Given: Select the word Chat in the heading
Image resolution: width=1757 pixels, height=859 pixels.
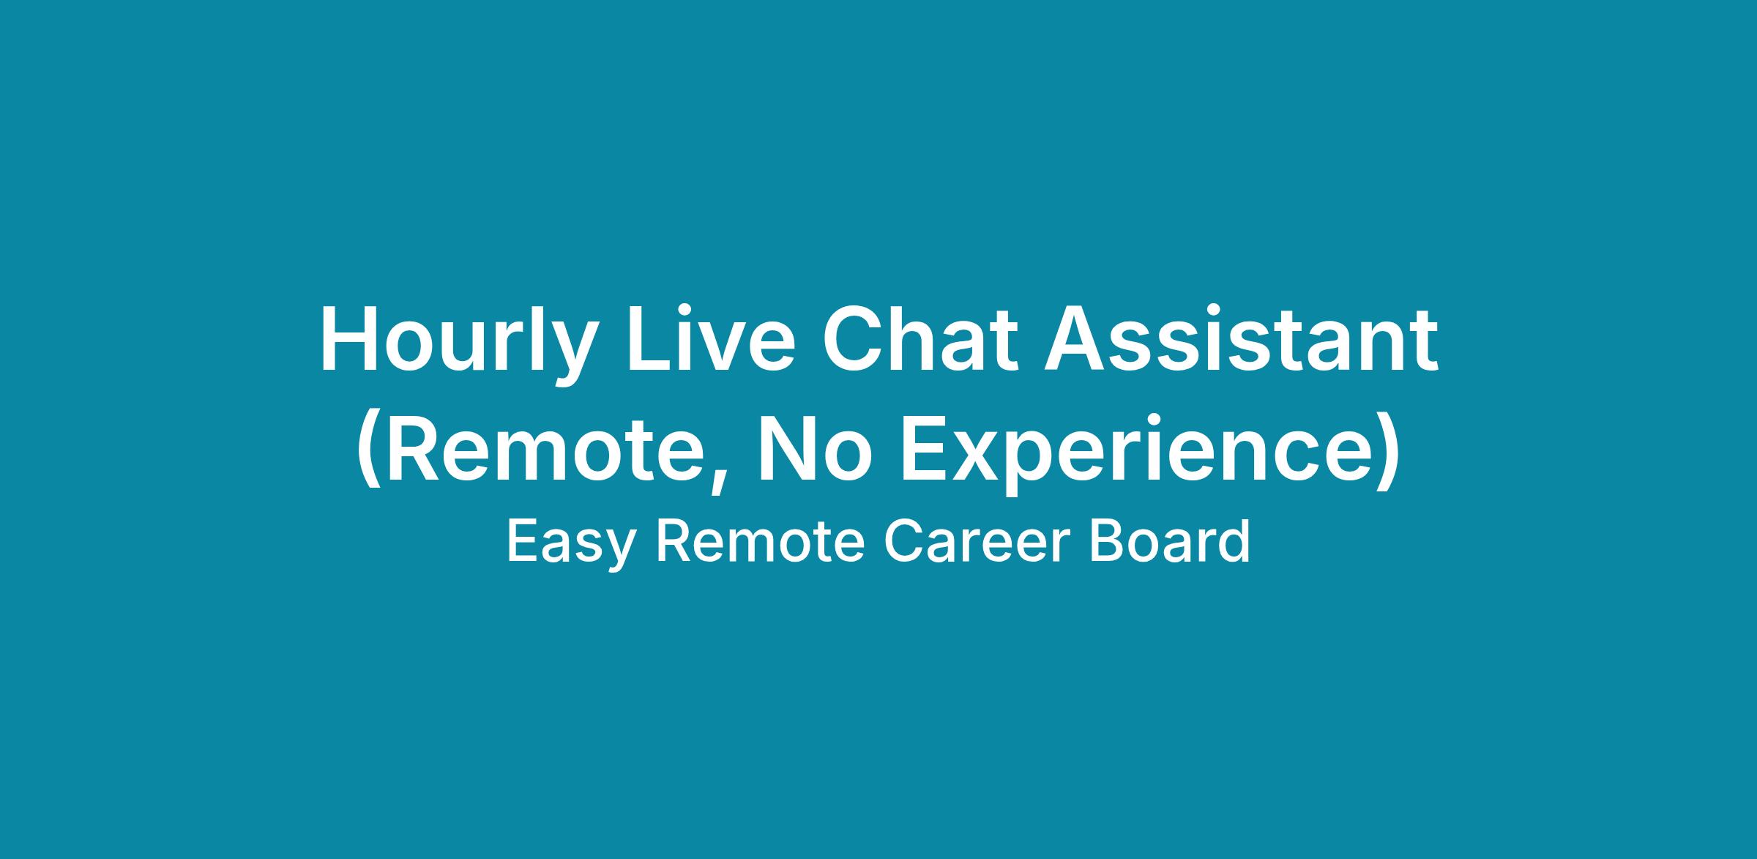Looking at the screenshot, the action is (920, 339).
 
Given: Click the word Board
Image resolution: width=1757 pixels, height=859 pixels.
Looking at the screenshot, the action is (1169, 541).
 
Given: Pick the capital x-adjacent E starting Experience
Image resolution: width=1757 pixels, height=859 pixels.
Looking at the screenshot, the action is (924, 450).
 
